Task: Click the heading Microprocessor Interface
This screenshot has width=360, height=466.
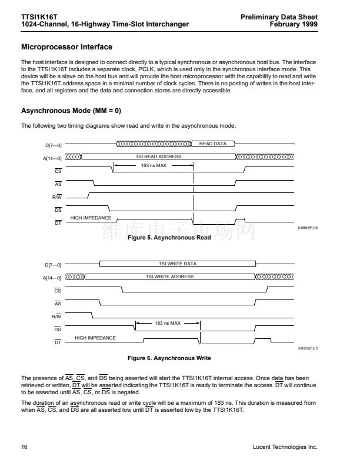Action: [66, 46]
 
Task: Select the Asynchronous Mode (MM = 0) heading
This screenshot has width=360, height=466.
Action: [71, 111]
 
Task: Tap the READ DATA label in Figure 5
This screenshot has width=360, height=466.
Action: [213, 144]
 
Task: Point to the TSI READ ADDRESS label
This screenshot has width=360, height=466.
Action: [158, 157]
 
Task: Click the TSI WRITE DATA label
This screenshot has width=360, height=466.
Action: [178, 264]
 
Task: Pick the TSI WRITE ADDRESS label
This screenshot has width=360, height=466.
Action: [169, 277]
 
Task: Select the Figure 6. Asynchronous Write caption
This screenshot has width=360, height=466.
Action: [169, 358]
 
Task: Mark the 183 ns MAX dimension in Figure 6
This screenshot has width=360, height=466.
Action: [168, 324]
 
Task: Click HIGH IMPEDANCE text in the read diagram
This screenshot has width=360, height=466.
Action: [91, 218]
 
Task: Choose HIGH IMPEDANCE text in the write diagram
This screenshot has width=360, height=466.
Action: [95, 338]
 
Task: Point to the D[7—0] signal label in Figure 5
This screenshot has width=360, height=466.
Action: [54, 145]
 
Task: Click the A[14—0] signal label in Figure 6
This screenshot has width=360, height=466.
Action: [53, 277]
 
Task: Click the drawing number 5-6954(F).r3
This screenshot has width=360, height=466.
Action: [308, 227]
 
